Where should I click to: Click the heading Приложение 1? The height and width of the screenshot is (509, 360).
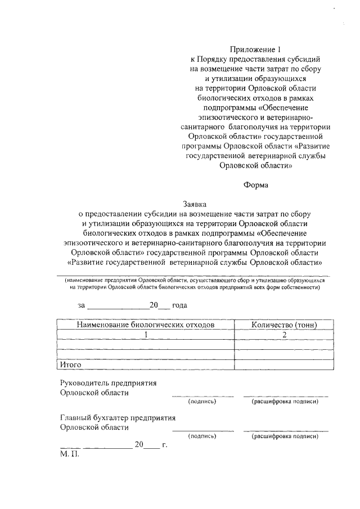point(256,49)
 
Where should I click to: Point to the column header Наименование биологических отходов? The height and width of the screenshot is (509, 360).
point(146,325)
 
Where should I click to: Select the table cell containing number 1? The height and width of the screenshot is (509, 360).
point(146,335)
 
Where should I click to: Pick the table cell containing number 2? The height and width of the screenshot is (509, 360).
point(284,335)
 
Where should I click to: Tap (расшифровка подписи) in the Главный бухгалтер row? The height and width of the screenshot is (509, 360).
point(286,436)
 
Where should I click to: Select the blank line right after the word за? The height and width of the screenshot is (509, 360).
point(117,307)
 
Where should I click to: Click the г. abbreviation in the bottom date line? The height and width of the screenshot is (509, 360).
point(164,444)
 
